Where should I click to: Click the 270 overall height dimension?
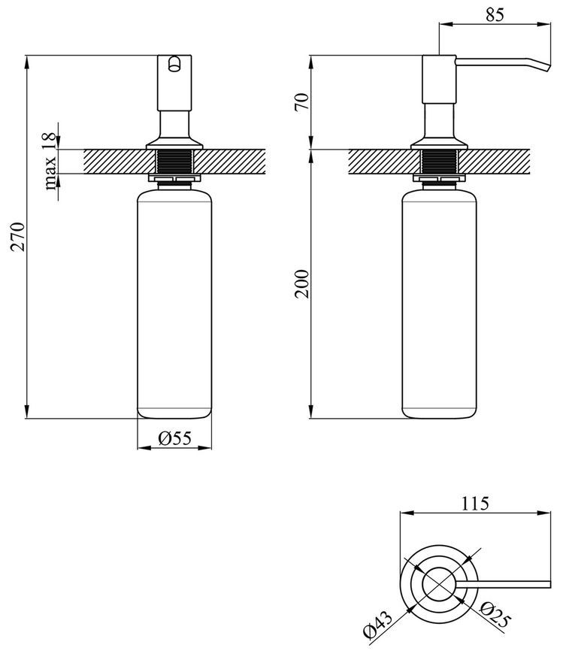coord(18,238)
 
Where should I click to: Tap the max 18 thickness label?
coord(50,161)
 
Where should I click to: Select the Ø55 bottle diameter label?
coord(174,438)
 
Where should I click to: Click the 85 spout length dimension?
coord(495,14)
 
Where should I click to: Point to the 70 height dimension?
coord(302,101)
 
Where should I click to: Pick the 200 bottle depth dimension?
coord(302,284)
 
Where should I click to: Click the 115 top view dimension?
coord(475,504)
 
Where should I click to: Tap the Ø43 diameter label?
coord(378,624)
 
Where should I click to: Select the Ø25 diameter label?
coord(495,615)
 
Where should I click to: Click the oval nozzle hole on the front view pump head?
coord(174,64)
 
